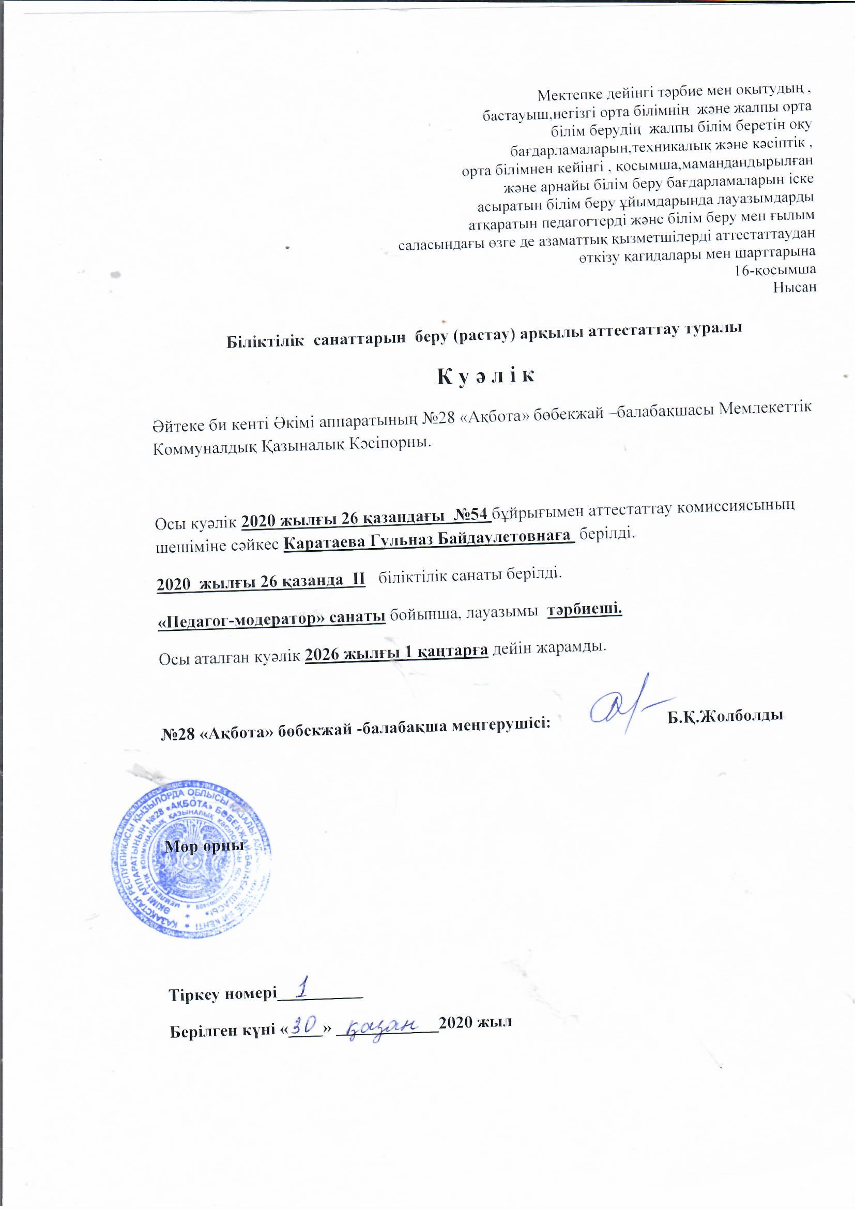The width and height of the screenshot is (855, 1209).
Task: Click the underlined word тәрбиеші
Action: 585,610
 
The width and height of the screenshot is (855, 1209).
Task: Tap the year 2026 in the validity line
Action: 323,655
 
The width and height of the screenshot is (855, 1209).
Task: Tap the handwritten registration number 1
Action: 302,989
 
